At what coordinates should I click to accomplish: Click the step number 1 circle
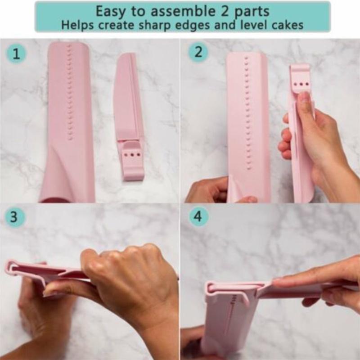point(16,54)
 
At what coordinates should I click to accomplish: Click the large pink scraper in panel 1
point(70,121)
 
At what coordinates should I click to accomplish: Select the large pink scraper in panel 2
point(247,121)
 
